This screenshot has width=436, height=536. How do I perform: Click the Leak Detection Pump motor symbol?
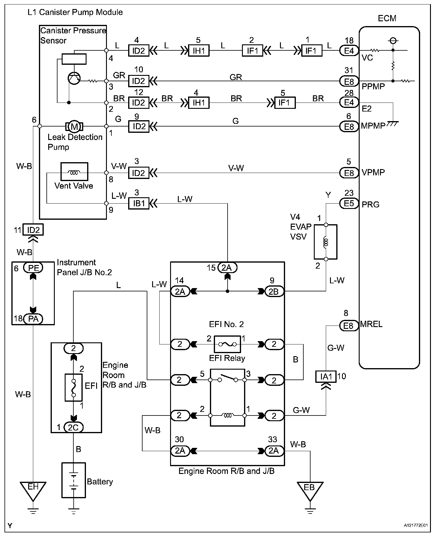click(x=74, y=127)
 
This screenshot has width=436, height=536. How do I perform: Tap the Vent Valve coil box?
click(x=74, y=172)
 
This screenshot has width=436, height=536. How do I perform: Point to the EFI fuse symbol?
click(x=74, y=387)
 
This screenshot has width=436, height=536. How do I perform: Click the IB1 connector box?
click(x=139, y=204)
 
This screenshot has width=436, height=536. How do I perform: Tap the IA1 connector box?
click(x=326, y=377)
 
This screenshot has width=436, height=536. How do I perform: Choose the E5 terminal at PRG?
click(x=349, y=204)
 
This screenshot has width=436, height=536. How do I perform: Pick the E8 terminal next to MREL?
click(x=349, y=326)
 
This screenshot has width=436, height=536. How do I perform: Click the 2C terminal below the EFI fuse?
click(x=73, y=427)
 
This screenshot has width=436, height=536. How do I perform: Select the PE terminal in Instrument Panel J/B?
click(x=33, y=268)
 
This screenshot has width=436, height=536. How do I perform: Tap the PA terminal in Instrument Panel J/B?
click(x=33, y=319)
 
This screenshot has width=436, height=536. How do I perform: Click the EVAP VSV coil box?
click(x=326, y=242)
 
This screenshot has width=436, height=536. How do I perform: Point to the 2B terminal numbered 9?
click(x=274, y=292)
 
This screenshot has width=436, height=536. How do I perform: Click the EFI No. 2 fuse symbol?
click(x=227, y=344)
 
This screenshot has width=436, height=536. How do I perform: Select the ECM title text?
click(x=387, y=19)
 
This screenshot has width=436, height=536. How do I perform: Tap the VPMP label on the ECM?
click(x=373, y=173)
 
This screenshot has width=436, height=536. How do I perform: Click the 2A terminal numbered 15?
click(x=227, y=268)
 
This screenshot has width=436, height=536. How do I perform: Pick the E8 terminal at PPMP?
click(x=349, y=81)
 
